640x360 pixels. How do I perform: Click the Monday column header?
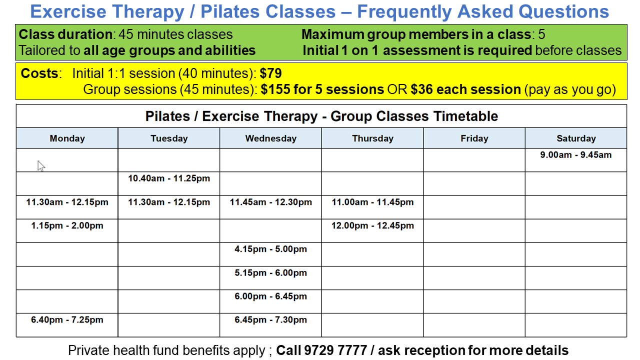click(67, 138)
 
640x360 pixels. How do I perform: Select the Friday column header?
click(474, 138)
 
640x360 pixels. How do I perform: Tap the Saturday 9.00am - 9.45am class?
click(575, 155)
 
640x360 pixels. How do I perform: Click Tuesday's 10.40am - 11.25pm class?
click(169, 178)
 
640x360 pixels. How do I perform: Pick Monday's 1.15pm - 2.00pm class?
click(67, 225)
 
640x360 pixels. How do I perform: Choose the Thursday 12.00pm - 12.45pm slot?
click(372, 225)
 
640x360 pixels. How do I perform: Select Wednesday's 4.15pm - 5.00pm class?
click(270, 249)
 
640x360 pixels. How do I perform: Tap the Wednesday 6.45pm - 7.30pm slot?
click(270, 320)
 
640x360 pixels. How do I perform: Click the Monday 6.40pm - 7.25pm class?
click(67, 320)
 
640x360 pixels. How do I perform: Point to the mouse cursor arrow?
click(40, 165)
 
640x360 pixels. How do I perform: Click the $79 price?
click(271, 74)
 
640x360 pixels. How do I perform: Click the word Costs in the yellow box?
click(39, 73)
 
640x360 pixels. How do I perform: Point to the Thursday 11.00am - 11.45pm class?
click(372, 202)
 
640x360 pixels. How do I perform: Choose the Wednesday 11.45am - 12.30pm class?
click(270, 202)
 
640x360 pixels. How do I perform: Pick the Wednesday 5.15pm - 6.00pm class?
click(270, 272)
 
